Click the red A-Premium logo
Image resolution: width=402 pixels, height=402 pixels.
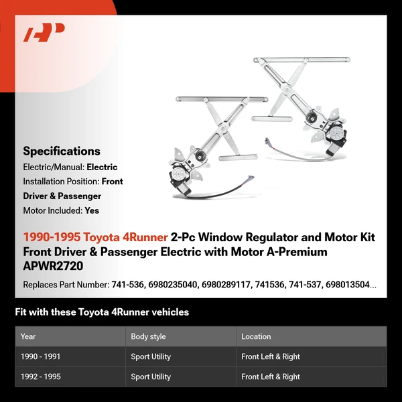[44, 33]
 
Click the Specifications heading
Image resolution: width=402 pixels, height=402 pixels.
[62, 151]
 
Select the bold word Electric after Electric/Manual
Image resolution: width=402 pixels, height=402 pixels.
[102, 167]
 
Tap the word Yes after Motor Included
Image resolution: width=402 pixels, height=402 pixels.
[92, 210]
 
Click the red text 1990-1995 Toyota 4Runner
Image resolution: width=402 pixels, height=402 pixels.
[95, 238]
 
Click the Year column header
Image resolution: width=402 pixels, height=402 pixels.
[28, 336]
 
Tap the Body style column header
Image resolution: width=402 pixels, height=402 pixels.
[148, 336]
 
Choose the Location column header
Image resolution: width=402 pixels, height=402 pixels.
[256, 336]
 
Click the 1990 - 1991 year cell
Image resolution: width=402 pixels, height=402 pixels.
[40, 357]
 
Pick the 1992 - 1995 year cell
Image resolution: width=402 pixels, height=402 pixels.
[40, 377]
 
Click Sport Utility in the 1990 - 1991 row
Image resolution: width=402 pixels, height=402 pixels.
[151, 357]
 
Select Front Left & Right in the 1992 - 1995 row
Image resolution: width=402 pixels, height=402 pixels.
[271, 377]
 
